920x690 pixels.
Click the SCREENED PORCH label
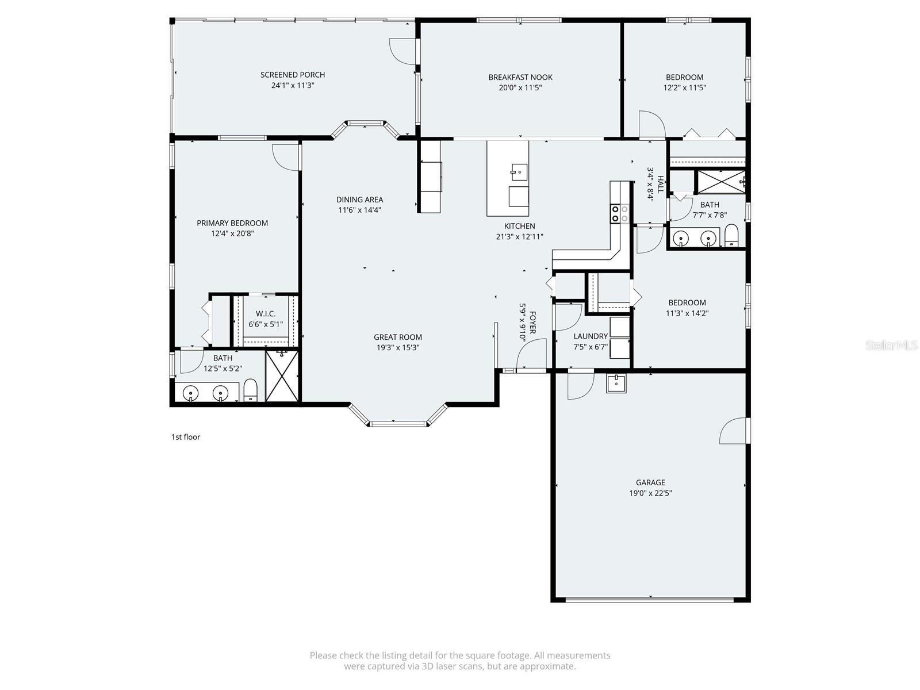292,75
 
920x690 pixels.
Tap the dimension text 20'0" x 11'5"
520,88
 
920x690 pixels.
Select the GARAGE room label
650,482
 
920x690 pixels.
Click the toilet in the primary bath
250,390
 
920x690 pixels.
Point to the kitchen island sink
519,171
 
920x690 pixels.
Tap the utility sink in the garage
616,383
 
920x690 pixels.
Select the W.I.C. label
266,313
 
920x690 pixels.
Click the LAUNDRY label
591,336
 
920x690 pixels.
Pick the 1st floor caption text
186,437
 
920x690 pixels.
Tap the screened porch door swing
402,51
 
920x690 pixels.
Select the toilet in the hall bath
731,235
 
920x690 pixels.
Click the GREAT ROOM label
398,338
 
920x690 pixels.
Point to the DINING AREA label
359,200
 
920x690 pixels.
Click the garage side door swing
735,431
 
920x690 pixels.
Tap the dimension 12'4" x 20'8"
232,233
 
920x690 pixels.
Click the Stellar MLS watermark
891,346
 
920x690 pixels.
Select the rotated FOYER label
532,323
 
